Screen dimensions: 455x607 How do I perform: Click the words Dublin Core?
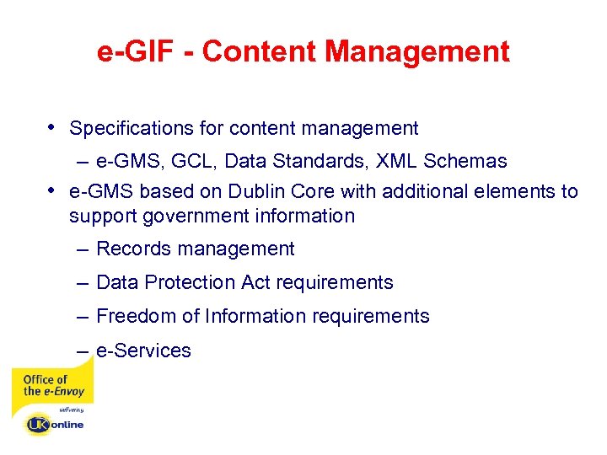point(234,191)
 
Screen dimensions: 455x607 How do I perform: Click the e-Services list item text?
point(143,351)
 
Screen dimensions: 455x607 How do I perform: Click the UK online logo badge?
point(54,424)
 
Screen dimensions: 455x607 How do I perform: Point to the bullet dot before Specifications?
point(53,127)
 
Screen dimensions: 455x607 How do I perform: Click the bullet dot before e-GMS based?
point(53,190)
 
